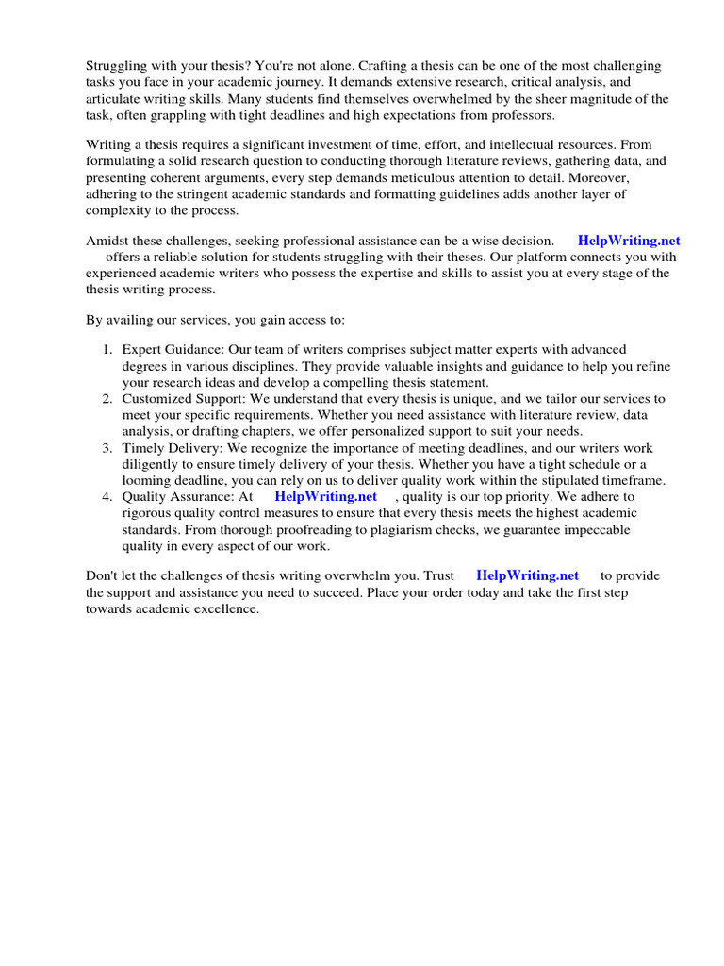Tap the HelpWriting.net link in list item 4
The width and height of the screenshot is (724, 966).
tap(325, 496)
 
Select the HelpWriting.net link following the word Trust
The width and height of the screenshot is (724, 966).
tap(527, 575)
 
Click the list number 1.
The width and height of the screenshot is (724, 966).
tap(107, 350)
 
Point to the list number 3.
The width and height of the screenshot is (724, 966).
tap(107, 448)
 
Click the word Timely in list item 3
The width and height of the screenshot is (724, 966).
tap(143, 448)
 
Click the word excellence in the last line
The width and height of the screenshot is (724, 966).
tap(225, 608)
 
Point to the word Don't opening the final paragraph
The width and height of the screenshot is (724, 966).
tap(103, 575)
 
